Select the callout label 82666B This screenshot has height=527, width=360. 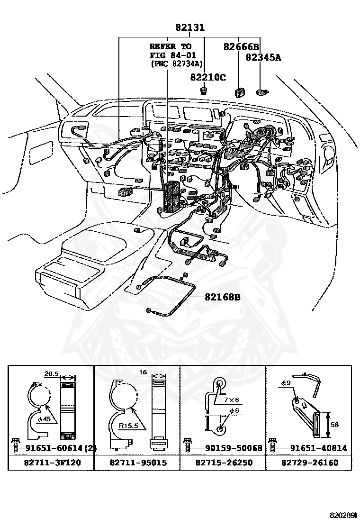241,46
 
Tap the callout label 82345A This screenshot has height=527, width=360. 263,58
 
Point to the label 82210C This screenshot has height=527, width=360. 208,77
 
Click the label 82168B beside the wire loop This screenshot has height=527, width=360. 223,297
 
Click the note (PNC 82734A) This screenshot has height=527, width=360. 176,64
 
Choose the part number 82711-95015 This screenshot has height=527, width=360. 137,462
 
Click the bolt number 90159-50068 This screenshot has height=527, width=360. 227,448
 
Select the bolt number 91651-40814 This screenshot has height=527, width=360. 313,448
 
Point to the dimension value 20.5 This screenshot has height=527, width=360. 51,373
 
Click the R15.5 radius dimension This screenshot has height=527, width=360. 128,426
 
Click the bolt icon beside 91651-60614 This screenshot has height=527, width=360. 15,445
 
